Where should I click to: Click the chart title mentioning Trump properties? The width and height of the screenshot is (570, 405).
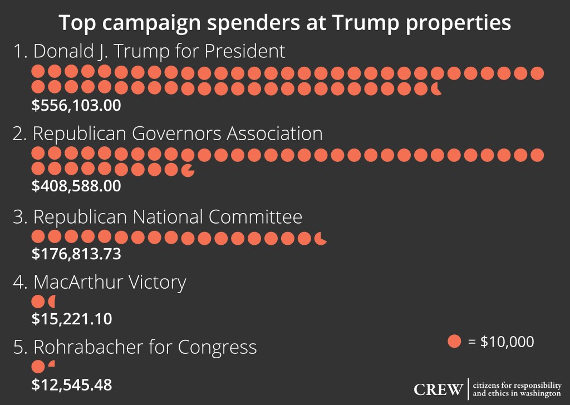click(285, 23)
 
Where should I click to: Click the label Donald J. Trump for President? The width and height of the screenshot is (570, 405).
click(149, 52)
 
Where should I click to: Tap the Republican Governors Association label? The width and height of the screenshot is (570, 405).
click(168, 134)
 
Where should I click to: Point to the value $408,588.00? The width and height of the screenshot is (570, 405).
click(76, 186)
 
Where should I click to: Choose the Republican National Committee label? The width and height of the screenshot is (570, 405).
click(158, 217)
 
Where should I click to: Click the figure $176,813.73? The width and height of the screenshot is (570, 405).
click(76, 254)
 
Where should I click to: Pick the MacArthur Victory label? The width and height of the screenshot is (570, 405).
click(99, 283)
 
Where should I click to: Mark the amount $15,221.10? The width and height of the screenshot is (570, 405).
click(72, 319)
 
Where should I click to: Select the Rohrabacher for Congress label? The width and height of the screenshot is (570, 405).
click(135, 347)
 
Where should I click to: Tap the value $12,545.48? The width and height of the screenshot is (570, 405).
click(72, 384)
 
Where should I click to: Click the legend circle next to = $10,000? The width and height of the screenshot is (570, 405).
click(454, 341)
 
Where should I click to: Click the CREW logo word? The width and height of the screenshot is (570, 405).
click(438, 389)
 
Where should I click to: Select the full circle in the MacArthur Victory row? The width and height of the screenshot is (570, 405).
click(38, 302)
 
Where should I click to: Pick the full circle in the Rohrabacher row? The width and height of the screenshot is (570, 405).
click(38, 367)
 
